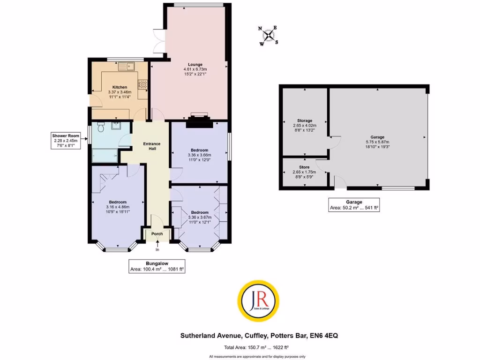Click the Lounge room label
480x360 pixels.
tap(195, 65)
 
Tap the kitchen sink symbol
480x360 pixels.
tap(126, 67)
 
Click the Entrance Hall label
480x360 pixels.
tap(152, 146)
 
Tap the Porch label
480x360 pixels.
tap(157, 233)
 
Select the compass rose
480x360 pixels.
tap(269, 36)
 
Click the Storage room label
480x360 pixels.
tap(305, 120)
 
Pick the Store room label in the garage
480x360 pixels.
tap(305, 167)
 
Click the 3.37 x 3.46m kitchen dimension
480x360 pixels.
tap(120, 92)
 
